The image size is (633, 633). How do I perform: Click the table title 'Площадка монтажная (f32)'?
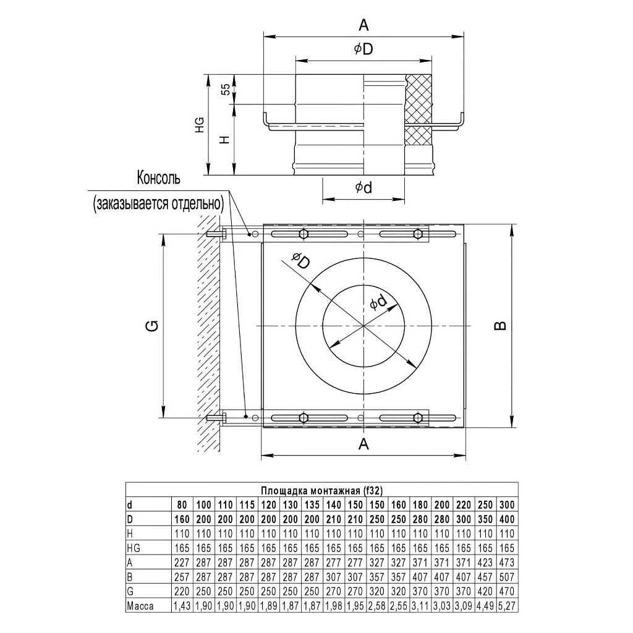pyautogui.click(x=321, y=490)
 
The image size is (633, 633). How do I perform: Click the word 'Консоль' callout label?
pyautogui.click(x=159, y=178)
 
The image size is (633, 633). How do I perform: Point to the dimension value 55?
pyautogui.click(x=226, y=89)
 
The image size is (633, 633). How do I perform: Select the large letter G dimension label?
pyautogui.click(x=154, y=325)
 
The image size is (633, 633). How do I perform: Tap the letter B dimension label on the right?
pyautogui.click(x=500, y=325)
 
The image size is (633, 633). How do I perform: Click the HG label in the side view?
pyautogui.click(x=199, y=125)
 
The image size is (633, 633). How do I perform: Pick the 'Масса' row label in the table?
pyautogui.click(x=140, y=606)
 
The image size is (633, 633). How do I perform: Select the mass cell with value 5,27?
pyautogui.click(x=507, y=606)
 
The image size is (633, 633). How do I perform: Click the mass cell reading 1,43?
pyautogui.click(x=182, y=606)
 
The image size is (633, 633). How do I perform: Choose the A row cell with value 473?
pyautogui.click(x=507, y=563)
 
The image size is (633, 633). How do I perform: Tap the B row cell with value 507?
pyautogui.click(x=507, y=577)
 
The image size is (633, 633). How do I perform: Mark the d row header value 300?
pyautogui.click(x=507, y=504)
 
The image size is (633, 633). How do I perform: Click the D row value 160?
pyautogui.click(x=182, y=519)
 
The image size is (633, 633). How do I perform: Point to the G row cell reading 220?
pyautogui.click(x=182, y=592)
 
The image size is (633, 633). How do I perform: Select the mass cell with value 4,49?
pyautogui.click(x=485, y=606)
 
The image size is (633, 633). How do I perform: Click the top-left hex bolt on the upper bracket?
pyautogui.click(x=304, y=234)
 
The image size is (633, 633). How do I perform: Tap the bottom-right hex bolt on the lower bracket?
pyautogui.click(x=418, y=417)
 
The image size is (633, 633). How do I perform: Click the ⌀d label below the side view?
pyautogui.click(x=363, y=187)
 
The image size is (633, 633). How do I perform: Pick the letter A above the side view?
pyautogui.click(x=363, y=25)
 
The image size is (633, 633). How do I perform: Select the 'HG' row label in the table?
pyautogui.click(x=134, y=548)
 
